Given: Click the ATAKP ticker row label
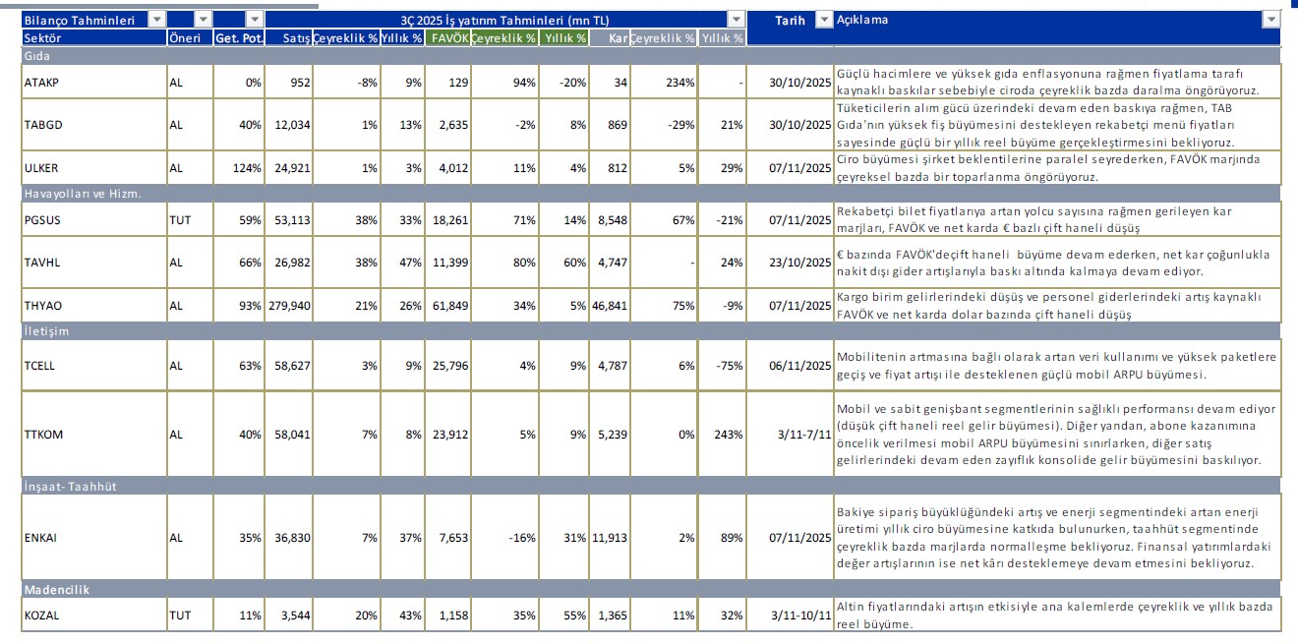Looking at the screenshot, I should pos(40,83).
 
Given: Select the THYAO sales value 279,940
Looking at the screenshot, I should pos(288,306).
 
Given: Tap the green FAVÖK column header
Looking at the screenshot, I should pos(448,37).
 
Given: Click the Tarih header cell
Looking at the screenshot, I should pos(790,20).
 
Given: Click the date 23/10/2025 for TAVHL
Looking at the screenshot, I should pos(798,263).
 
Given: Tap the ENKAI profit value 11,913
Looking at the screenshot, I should pos(608,538).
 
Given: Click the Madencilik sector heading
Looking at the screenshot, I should pos(56,589).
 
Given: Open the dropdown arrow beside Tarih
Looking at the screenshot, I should pos(824,20).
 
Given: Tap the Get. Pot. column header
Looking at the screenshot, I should pos(238,37).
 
